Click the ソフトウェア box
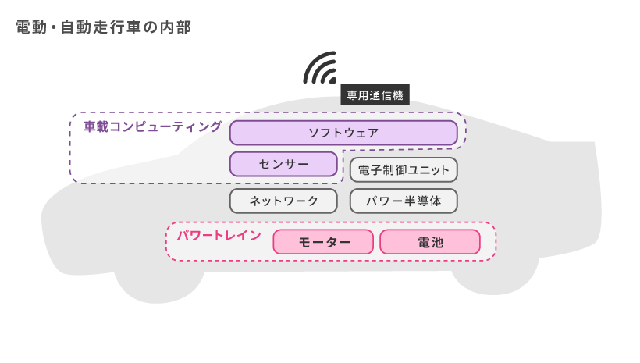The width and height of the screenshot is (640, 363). click(x=343, y=133)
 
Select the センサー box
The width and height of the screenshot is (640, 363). click(x=283, y=164)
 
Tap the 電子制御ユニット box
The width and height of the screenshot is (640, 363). click(x=404, y=169)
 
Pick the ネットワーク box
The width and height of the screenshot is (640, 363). click(x=283, y=201)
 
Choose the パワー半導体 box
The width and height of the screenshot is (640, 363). click(x=404, y=201)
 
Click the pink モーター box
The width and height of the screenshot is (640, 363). click(x=323, y=242)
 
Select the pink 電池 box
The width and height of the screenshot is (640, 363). click(x=430, y=242)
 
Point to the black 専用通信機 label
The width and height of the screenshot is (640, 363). click(x=375, y=95)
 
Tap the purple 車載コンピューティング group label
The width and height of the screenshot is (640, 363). click(x=153, y=126)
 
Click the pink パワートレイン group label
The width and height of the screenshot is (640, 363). click(x=219, y=235)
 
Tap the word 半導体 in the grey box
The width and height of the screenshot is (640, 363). click(x=425, y=201)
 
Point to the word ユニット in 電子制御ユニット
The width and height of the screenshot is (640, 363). click(x=428, y=169)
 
